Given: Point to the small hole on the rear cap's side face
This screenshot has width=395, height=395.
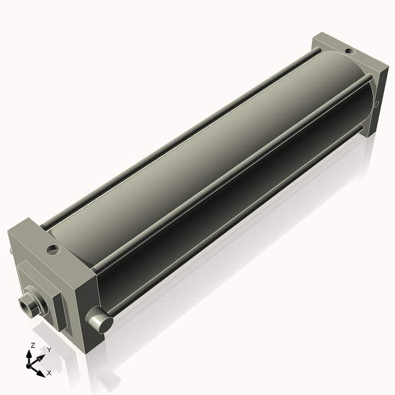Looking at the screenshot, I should (x=376, y=104).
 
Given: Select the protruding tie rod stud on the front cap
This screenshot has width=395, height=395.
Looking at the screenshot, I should (x=100, y=321).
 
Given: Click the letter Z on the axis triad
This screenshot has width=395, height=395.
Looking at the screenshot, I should (x=33, y=345).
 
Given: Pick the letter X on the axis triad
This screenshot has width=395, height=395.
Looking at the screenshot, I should (x=49, y=373).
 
